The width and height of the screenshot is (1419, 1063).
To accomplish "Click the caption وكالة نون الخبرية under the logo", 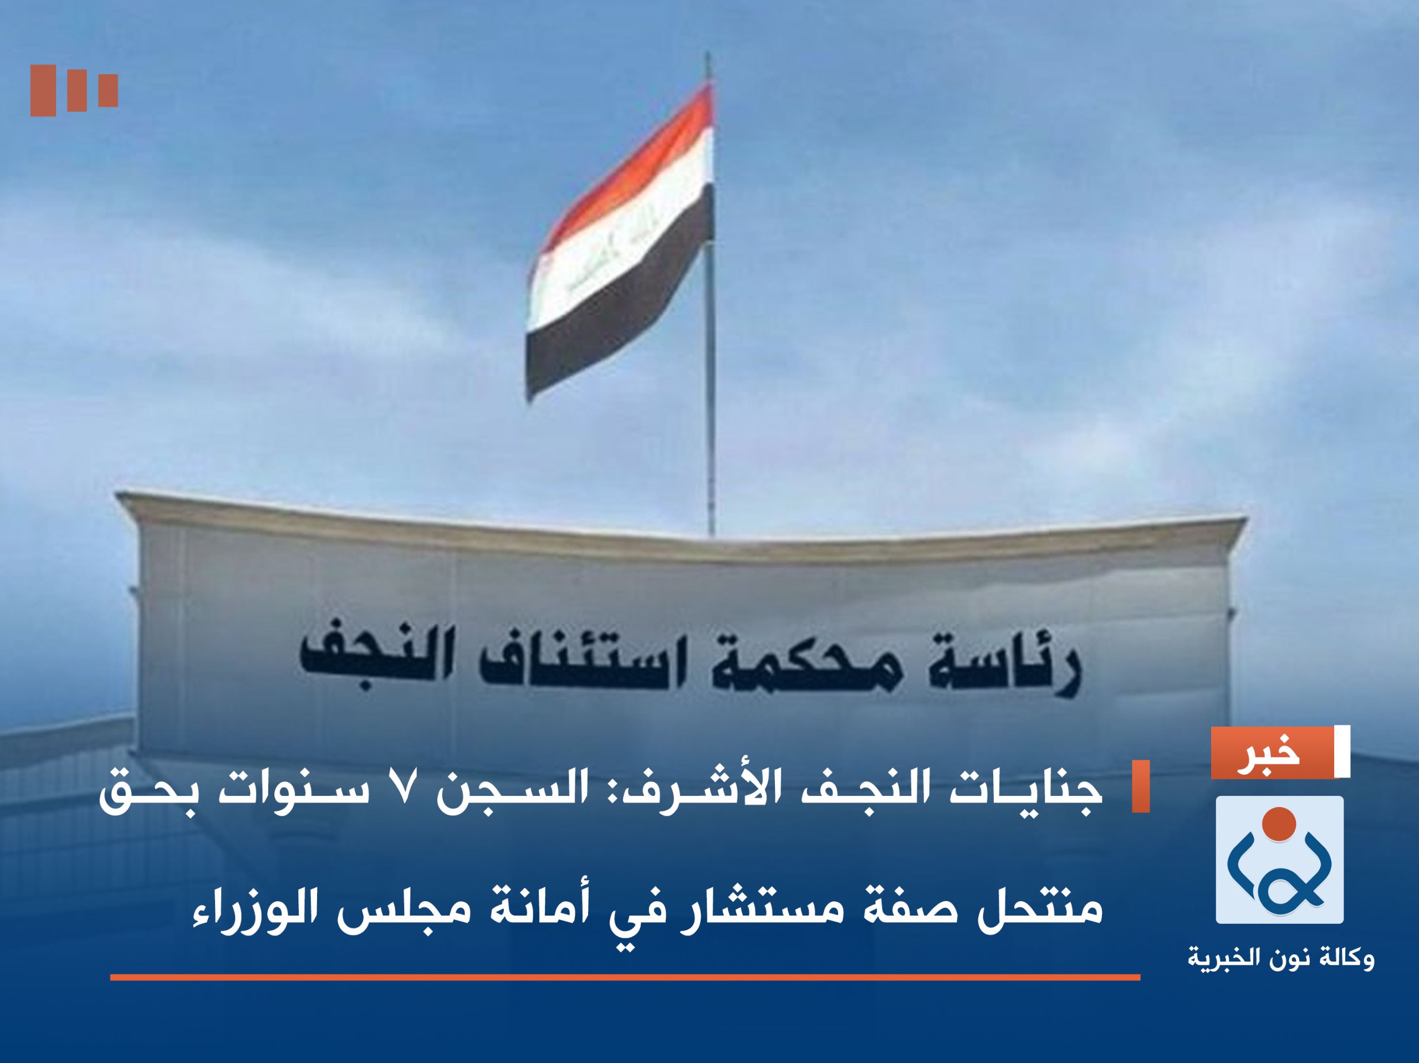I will [x=1280, y=960].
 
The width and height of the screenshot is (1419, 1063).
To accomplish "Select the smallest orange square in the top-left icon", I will [x=108, y=90].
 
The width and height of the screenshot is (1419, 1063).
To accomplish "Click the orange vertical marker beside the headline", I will [x=1140, y=786].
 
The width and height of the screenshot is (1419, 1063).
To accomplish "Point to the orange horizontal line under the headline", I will [x=625, y=978].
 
